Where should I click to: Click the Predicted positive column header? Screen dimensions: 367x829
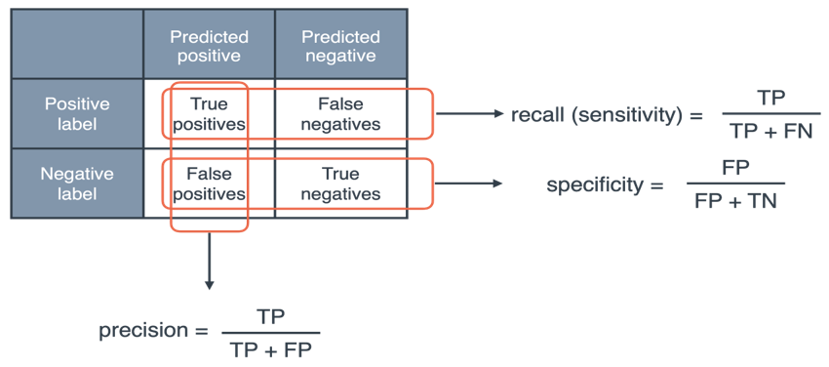[x=209, y=46]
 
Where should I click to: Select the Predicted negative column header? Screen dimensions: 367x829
[x=340, y=46]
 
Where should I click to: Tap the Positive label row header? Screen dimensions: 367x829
[x=77, y=114]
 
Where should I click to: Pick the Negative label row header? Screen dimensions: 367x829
[x=77, y=183]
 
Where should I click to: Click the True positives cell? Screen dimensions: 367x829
[x=209, y=114]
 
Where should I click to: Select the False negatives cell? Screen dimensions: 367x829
[x=340, y=114]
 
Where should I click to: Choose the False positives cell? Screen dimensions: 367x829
[x=209, y=183]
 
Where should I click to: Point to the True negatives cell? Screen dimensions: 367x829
[x=340, y=183]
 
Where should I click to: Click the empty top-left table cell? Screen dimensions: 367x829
[x=77, y=45]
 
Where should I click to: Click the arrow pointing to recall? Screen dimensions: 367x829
[x=469, y=114]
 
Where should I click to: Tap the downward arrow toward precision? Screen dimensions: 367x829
[x=209, y=261]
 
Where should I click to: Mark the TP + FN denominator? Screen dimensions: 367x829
[x=770, y=131]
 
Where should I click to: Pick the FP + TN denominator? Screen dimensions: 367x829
[x=735, y=202]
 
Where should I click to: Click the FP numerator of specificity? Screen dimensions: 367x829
[x=735, y=168]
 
